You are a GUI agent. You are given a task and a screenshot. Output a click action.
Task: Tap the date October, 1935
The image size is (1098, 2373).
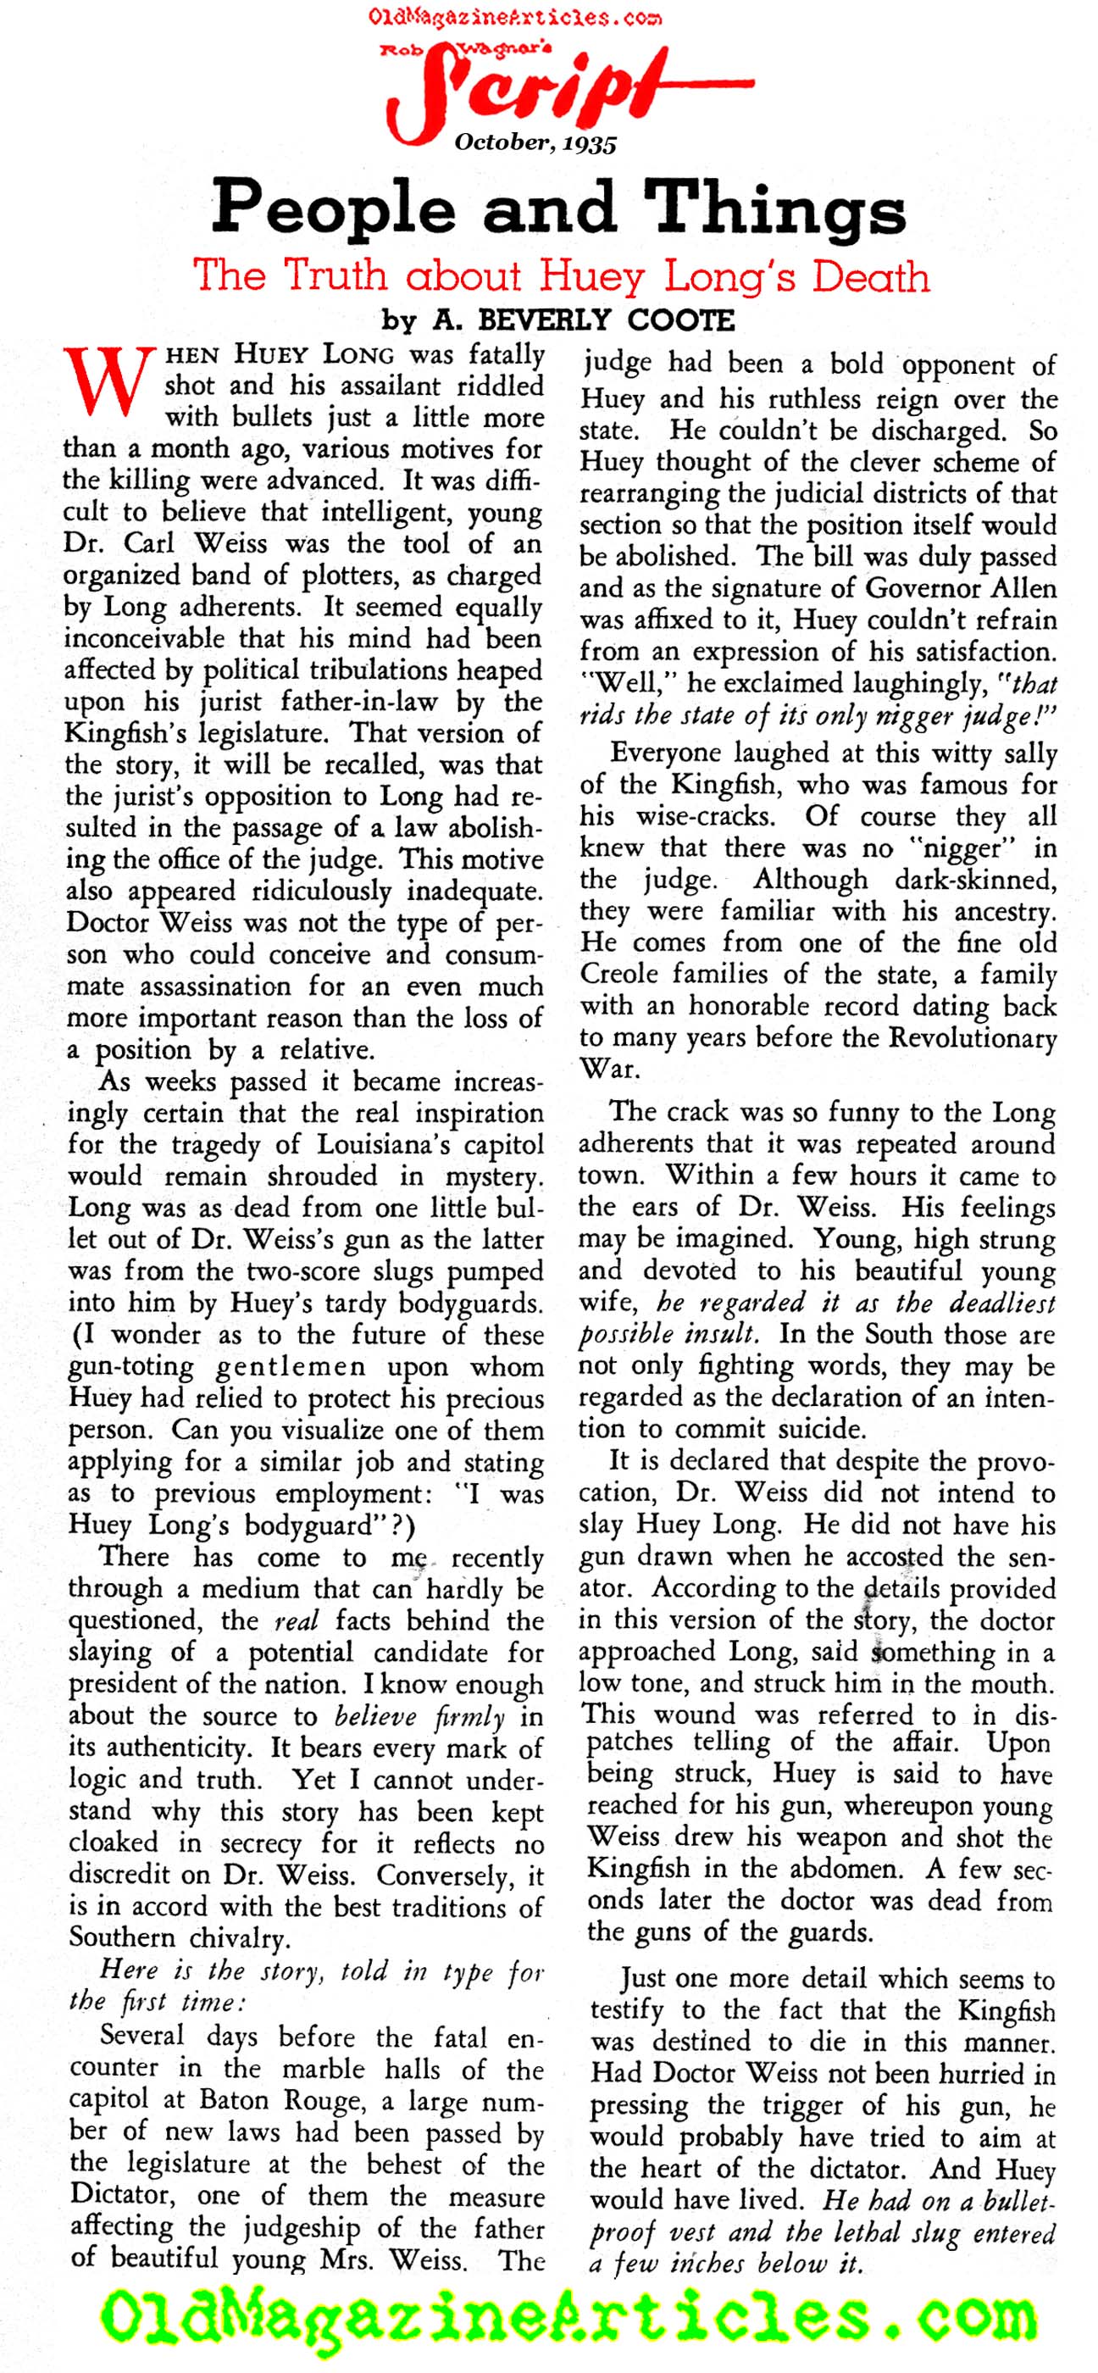pyautogui.click(x=535, y=142)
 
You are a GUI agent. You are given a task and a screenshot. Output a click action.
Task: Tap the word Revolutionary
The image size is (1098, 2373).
pyautogui.click(x=973, y=1037)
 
